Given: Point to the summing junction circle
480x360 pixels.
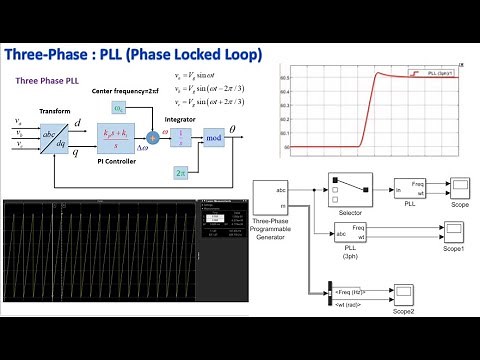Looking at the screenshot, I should [x=154, y=136].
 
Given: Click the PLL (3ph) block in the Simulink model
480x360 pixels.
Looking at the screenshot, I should [x=351, y=236].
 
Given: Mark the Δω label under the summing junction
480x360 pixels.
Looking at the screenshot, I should [x=152, y=158].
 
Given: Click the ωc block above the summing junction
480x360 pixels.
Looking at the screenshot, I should [x=119, y=108].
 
